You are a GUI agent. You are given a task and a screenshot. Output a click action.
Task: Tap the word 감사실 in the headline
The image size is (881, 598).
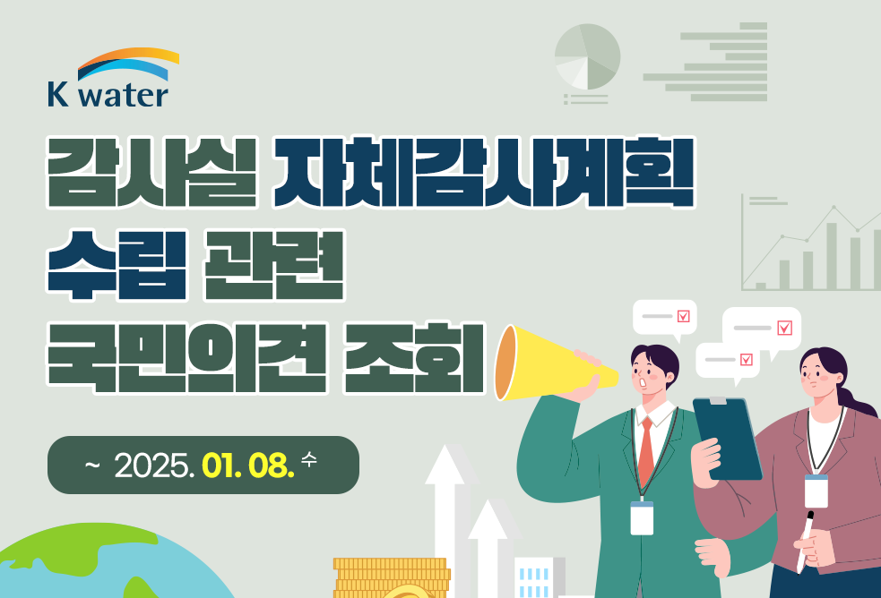coord(152,172)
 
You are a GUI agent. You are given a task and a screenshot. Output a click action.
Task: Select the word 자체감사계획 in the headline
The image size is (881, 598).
coord(484,172)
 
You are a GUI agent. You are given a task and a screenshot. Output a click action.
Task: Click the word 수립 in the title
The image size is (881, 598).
coord(117,264)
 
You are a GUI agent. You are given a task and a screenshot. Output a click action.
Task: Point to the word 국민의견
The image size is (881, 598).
coord(186,357)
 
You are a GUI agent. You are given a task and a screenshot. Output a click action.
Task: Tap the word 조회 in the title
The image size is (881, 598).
coord(413,357)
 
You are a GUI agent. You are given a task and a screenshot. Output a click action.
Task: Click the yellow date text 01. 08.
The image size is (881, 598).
coord(247,465)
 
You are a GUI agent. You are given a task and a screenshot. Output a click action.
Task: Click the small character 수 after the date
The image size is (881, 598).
coord(309,459)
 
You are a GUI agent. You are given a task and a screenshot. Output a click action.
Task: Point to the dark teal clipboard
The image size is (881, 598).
coord(727,438)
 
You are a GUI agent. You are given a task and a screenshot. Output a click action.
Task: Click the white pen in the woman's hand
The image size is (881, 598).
coord(805,542)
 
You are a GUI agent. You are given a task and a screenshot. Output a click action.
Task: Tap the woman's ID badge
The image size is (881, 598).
coord(816,491)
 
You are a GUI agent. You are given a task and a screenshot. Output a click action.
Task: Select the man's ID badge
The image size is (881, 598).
coord(642,517)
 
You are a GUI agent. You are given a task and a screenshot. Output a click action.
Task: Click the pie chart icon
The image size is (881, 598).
coord(587,56)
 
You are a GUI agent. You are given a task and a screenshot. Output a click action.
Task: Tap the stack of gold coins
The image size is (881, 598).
coord(392,577)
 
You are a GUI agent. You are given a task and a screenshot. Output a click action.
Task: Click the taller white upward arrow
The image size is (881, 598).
coord(446,521)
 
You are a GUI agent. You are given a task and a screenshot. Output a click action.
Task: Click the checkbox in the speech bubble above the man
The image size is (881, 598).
coord(683,316)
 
